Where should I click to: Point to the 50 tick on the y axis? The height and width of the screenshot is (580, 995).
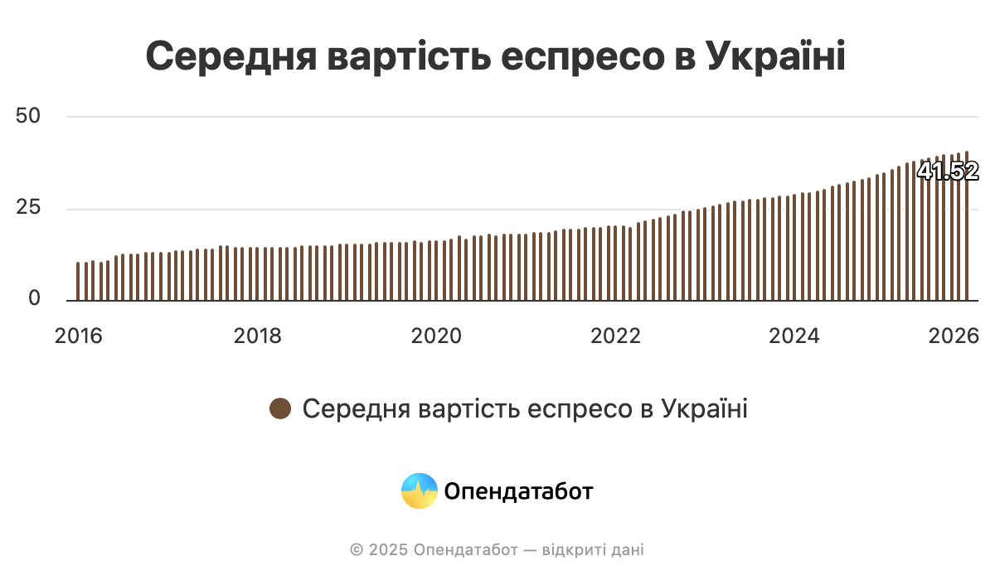[28, 116]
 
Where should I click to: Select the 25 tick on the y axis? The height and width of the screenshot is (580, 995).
[28, 208]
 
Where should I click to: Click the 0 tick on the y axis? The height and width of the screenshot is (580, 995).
[34, 299]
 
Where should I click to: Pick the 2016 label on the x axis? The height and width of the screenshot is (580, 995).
[78, 336]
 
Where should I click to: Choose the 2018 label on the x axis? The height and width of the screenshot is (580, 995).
[258, 336]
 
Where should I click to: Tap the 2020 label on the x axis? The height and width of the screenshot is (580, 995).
[436, 336]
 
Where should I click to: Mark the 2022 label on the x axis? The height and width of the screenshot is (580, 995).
[614, 336]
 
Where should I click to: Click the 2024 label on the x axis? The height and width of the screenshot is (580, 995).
[794, 336]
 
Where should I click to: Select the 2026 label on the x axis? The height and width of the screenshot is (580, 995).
[955, 336]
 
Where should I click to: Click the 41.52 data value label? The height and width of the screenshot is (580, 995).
[948, 172]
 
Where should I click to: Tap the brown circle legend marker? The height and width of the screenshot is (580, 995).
[280, 408]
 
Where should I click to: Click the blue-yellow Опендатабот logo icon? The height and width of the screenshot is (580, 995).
[419, 491]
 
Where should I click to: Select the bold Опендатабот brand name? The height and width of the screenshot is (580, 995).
[519, 491]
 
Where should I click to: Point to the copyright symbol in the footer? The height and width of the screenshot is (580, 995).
[357, 549]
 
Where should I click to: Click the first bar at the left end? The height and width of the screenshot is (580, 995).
[78, 282]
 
